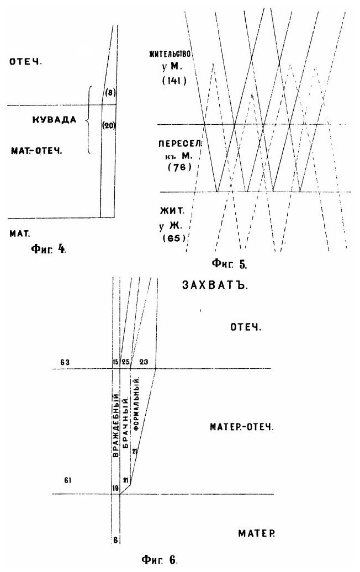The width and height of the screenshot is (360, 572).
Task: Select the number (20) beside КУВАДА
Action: click(x=109, y=125)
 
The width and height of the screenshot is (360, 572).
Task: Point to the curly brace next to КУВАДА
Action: click(x=88, y=119)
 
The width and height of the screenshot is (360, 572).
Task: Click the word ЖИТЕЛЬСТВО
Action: click(x=171, y=54)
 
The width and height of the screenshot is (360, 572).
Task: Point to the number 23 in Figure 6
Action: click(x=144, y=362)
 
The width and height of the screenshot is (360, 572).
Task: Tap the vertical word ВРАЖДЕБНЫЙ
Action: click(x=115, y=424)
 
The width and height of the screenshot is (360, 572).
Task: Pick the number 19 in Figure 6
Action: click(x=115, y=488)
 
